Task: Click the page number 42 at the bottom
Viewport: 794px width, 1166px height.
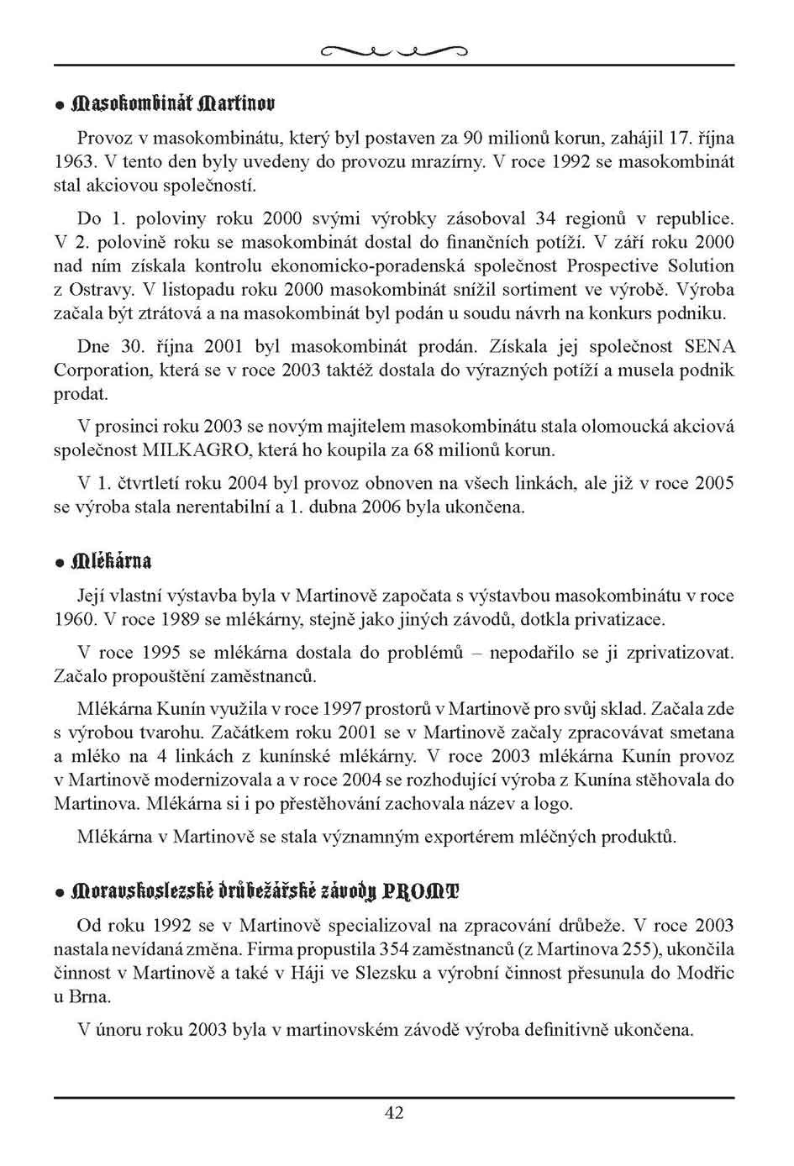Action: [x=394, y=1113]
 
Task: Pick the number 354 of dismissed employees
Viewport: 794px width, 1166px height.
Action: [x=397, y=950]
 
